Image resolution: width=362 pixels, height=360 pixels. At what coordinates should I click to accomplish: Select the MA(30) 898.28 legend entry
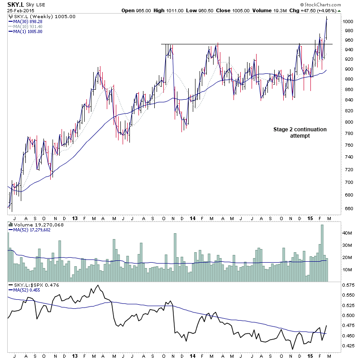[x=28, y=21]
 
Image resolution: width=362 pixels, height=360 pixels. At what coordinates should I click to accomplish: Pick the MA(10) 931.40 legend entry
[x=28, y=26]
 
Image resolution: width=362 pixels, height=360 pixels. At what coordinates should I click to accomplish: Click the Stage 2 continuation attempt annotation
[x=300, y=132]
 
